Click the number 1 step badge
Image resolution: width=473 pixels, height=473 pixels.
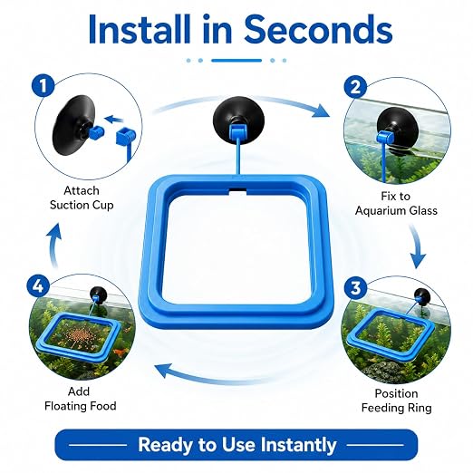click(43, 85)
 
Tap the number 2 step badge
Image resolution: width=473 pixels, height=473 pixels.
click(355, 87)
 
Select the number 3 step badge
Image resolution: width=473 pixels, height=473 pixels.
click(355, 287)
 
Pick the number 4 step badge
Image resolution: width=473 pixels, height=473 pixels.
click(38, 285)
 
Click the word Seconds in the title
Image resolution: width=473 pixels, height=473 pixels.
click(318, 29)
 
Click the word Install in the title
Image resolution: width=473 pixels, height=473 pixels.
click(140, 29)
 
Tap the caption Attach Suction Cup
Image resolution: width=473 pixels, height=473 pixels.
click(82, 198)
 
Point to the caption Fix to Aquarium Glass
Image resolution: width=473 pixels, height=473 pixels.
click(396, 203)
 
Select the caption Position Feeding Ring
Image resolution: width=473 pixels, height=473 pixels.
click(396, 401)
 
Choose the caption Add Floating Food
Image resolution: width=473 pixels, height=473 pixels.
click(81, 399)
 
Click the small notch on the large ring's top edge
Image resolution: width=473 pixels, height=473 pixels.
click(238, 191)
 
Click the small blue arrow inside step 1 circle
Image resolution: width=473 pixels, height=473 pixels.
click(116, 120)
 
